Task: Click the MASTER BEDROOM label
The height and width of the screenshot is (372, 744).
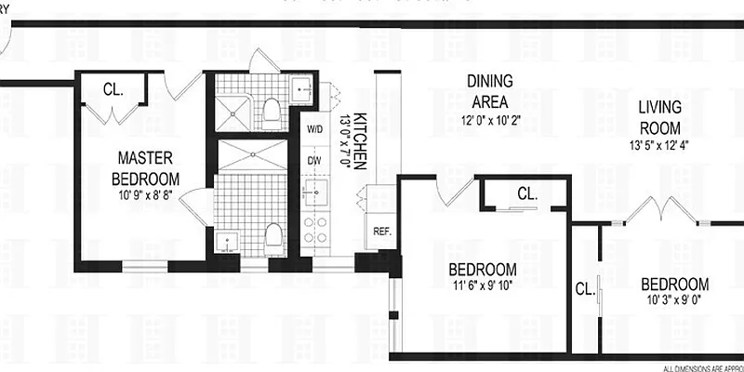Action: (145, 167)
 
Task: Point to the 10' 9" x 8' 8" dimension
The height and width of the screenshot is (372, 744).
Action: (145, 193)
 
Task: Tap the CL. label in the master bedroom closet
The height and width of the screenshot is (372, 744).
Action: (114, 90)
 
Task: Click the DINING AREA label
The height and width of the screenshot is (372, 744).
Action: (489, 92)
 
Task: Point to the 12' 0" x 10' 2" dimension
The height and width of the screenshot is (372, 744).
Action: (490, 120)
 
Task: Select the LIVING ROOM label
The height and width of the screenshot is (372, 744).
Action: (658, 118)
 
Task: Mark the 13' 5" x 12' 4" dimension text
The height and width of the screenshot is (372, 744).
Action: (658, 144)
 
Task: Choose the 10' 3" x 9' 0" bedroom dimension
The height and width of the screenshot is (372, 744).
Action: (674, 300)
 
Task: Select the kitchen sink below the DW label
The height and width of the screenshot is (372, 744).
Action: (313, 193)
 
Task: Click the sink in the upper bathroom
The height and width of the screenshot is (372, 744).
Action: (302, 89)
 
